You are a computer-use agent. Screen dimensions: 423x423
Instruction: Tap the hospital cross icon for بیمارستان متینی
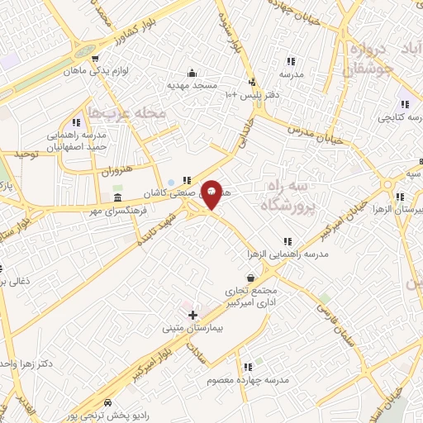point(192,315)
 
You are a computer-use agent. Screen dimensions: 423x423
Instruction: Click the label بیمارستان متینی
point(194,328)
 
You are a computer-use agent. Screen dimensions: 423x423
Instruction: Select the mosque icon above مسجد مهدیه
point(192,72)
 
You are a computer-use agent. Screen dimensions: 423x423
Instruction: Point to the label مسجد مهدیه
point(193,85)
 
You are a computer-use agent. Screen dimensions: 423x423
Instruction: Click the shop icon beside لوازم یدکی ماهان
point(97,59)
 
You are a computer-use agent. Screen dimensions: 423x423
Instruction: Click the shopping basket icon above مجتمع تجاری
point(251,278)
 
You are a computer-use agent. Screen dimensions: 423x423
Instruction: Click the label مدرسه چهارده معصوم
point(248,380)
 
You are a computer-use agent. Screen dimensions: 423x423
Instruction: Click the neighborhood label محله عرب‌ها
point(127,112)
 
